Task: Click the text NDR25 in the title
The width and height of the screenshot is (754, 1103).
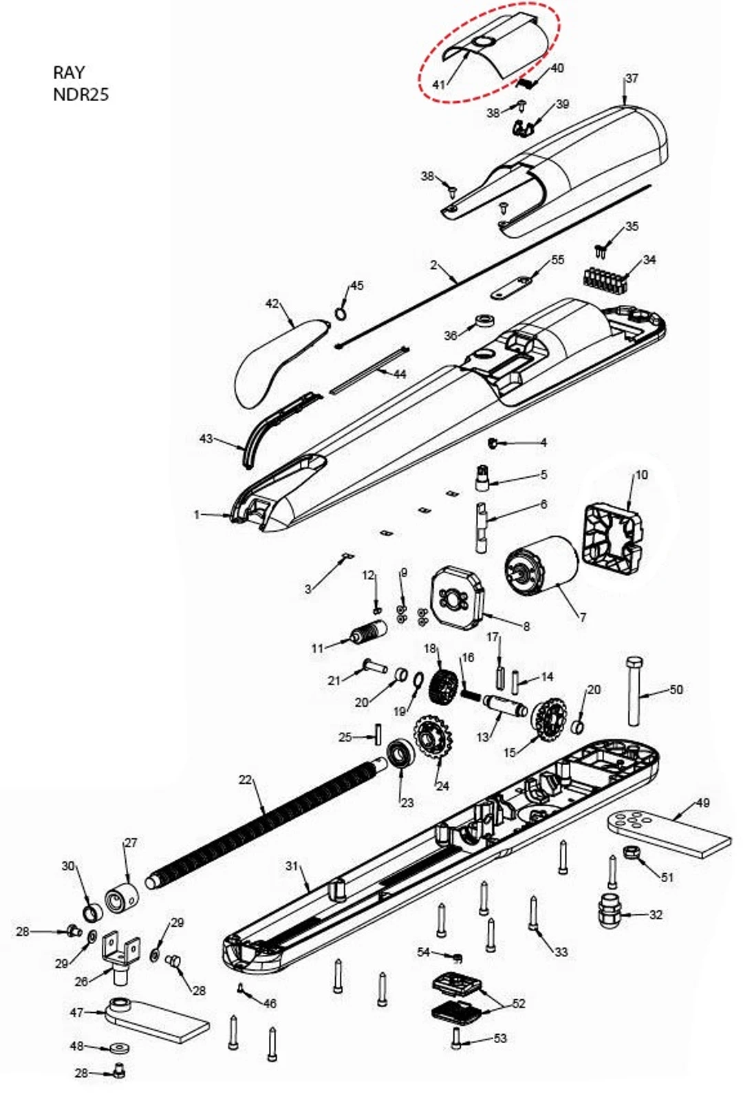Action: (80, 94)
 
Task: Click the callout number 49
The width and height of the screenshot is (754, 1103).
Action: (702, 802)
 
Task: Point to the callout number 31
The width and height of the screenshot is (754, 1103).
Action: (292, 865)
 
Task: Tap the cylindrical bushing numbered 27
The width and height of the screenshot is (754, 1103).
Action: (122, 897)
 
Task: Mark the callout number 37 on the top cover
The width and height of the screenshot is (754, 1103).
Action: (631, 78)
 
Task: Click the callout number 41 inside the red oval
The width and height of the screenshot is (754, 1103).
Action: (439, 85)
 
